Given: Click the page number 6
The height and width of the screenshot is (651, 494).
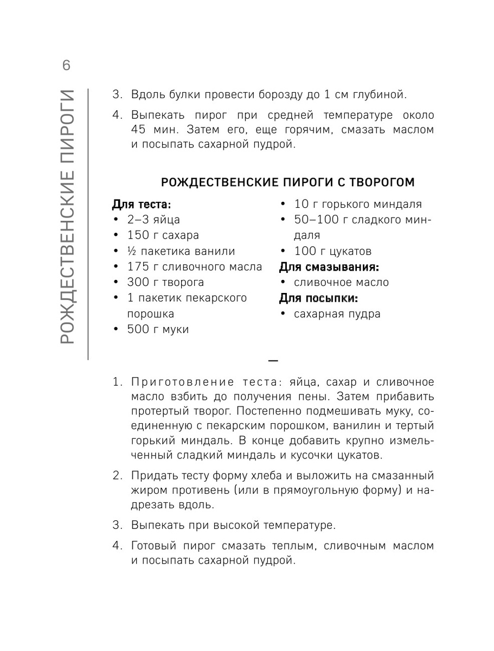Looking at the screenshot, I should click(66, 66).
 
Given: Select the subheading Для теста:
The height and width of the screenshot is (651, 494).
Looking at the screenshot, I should click(142, 205).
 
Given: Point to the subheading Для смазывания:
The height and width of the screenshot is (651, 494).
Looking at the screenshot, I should click(329, 267).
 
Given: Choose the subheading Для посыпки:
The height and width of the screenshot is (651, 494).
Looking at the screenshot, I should click(319, 298).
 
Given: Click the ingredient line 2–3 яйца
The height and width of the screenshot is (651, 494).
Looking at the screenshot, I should click(153, 220).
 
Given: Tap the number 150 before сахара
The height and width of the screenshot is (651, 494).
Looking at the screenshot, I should click(138, 235).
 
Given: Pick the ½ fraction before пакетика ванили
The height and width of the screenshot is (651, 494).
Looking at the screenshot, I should click(131, 251).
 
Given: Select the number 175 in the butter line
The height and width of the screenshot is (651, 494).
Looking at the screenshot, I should click(138, 267).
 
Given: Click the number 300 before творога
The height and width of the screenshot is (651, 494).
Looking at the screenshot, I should click(138, 283).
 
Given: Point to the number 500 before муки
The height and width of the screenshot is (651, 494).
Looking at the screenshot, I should click(138, 329).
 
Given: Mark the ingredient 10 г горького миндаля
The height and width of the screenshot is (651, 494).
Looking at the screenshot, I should click(358, 205).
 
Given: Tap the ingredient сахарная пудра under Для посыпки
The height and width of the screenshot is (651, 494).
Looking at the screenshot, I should click(337, 314).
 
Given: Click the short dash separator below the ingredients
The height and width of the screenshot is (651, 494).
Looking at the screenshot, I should click(273, 360).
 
